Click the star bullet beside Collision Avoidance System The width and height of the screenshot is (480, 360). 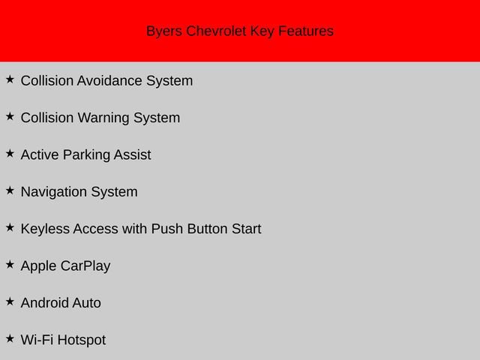(x=10, y=79)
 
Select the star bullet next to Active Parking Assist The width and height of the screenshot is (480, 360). (x=10, y=152)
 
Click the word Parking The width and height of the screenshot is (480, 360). (x=86, y=155)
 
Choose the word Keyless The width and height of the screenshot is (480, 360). (x=45, y=229)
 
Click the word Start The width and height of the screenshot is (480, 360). (x=246, y=229)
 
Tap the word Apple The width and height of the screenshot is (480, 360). (x=39, y=266)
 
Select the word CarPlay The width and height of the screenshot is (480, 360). (x=86, y=266)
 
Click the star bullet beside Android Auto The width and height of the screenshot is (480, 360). (x=10, y=301)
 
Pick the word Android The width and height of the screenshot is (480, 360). (x=44, y=303)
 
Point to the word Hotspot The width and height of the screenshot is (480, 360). (x=82, y=340)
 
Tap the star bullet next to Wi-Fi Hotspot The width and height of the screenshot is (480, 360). (x=10, y=337)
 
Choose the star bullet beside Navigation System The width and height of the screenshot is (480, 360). (x=10, y=190)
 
